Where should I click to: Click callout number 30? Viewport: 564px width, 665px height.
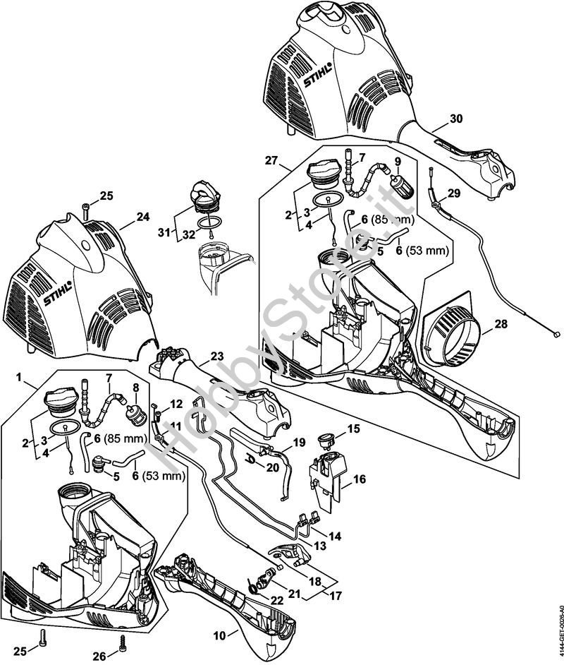pos(456,119)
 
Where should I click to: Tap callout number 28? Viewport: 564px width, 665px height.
pos(500,324)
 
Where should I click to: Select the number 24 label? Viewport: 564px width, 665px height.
pos(143,217)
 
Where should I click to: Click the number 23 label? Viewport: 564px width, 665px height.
pos(216,357)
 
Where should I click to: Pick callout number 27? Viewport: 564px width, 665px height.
pos(271,161)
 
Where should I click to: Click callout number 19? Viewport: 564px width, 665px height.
pos(299,443)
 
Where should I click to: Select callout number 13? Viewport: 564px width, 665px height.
pos(320,546)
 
